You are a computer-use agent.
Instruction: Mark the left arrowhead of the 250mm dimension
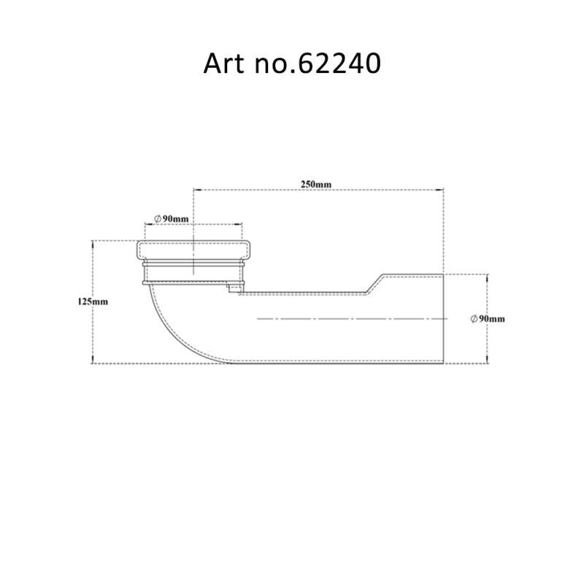(195, 191)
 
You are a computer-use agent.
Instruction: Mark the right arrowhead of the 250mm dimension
(443, 191)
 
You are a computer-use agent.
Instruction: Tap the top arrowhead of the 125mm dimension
(92, 243)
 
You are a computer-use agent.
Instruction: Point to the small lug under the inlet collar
(234, 288)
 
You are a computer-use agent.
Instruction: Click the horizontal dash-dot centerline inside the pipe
(350, 319)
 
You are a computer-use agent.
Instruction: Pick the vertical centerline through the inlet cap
(193, 255)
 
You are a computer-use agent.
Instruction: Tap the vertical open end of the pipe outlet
(445, 318)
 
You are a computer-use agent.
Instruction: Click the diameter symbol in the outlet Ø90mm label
(474, 319)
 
